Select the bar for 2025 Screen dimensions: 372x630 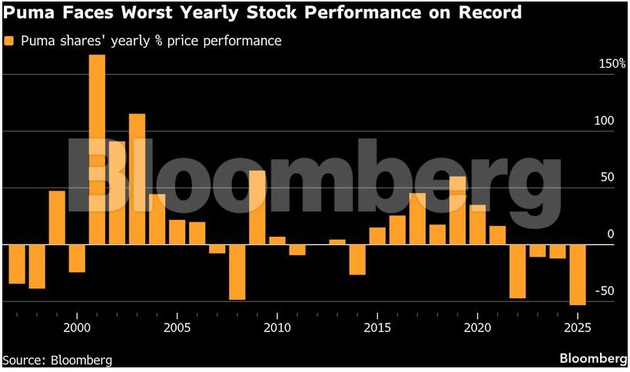(x=578, y=274)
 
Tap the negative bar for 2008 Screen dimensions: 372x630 (x=237, y=272)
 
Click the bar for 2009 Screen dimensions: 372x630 (x=257, y=208)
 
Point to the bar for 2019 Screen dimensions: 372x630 (x=457, y=211)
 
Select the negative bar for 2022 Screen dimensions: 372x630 (x=518, y=271)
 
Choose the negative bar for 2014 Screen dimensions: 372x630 (x=357, y=260)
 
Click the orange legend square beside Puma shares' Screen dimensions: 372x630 (x=8, y=41)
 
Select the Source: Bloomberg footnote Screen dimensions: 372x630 (x=58, y=360)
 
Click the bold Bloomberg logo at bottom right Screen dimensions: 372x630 (x=593, y=359)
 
